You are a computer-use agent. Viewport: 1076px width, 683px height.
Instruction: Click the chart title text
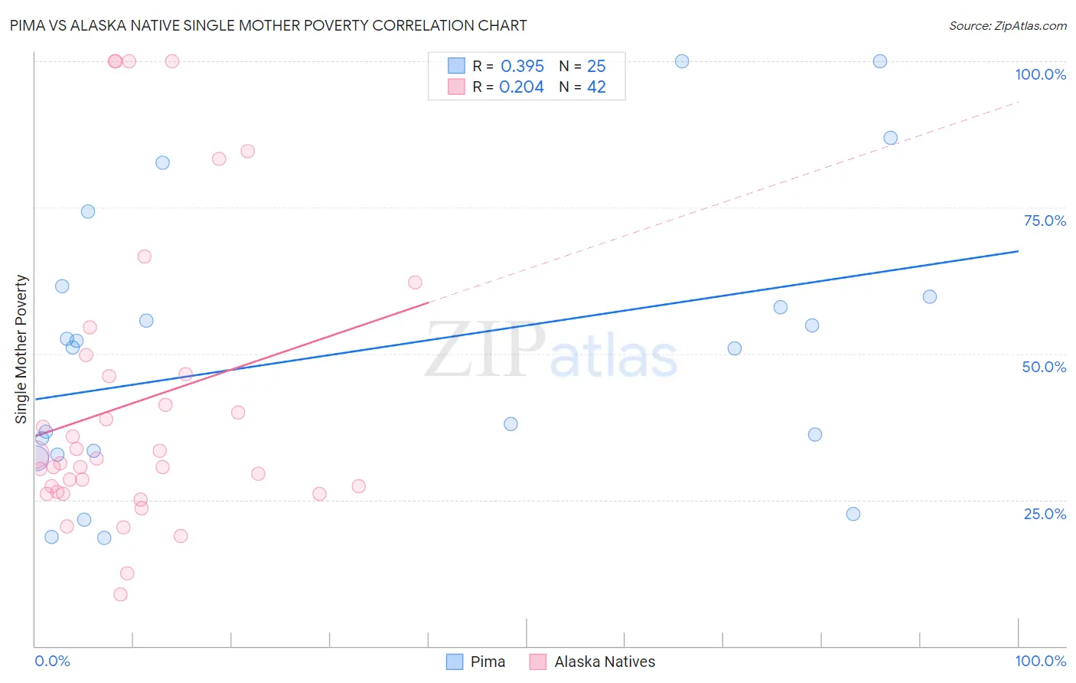tap(268, 25)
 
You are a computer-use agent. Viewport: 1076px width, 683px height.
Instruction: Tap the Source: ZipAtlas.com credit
tap(1007, 25)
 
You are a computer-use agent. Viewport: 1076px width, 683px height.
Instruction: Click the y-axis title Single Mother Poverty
tap(21, 348)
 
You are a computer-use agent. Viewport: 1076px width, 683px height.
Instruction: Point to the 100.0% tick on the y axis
tap(1040, 74)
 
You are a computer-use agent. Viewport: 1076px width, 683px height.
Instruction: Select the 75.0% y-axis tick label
tap(1045, 221)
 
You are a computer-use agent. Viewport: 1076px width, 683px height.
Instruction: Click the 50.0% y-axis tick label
tap(1044, 367)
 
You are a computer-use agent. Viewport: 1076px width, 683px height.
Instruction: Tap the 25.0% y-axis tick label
tap(1045, 514)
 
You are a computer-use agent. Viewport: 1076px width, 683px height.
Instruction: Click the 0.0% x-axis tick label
tap(52, 661)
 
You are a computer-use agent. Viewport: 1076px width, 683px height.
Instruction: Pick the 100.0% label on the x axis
tap(1040, 661)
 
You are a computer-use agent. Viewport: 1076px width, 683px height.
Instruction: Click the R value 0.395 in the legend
tap(522, 66)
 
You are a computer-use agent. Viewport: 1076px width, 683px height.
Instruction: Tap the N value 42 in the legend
tap(596, 87)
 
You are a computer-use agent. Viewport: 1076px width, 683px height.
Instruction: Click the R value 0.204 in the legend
tap(521, 87)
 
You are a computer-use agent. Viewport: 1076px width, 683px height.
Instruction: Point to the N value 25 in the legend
tap(596, 66)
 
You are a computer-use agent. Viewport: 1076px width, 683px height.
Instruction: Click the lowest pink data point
tap(120, 594)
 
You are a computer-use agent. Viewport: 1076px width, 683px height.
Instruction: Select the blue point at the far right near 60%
tap(930, 296)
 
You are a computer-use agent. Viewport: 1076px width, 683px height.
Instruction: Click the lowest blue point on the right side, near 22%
tap(853, 514)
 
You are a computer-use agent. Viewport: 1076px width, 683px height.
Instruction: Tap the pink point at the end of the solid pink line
tap(415, 283)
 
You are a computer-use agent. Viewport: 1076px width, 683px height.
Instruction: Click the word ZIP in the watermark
tap(485, 349)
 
